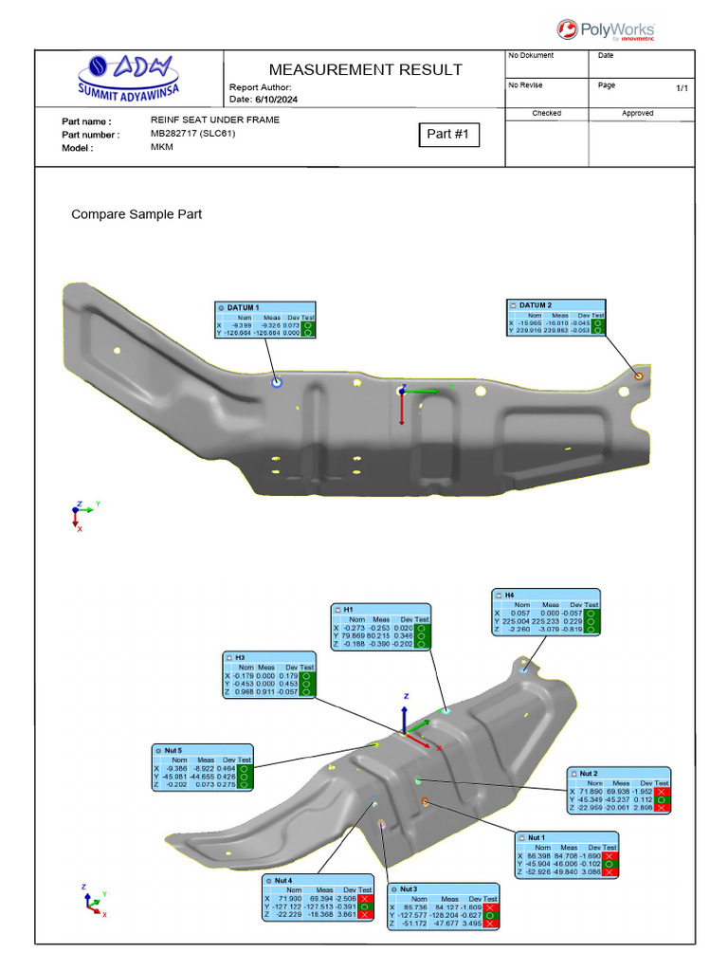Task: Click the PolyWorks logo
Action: point(606,30)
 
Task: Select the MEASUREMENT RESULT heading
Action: point(365,69)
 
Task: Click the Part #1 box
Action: point(448,135)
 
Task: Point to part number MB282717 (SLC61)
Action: point(192,134)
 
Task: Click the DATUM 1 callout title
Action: point(242,308)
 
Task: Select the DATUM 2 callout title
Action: point(536,305)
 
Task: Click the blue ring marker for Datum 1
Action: point(277,381)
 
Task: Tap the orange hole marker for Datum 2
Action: point(637,376)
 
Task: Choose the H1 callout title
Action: point(349,610)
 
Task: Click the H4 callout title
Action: point(509,595)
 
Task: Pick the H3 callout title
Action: point(240,658)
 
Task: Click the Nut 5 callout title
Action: point(173,750)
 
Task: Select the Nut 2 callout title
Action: point(589,774)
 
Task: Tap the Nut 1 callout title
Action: point(537,838)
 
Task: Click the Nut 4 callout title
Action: point(283,881)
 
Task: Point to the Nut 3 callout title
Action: point(409,889)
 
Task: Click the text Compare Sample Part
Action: point(136,214)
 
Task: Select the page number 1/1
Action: point(682,88)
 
